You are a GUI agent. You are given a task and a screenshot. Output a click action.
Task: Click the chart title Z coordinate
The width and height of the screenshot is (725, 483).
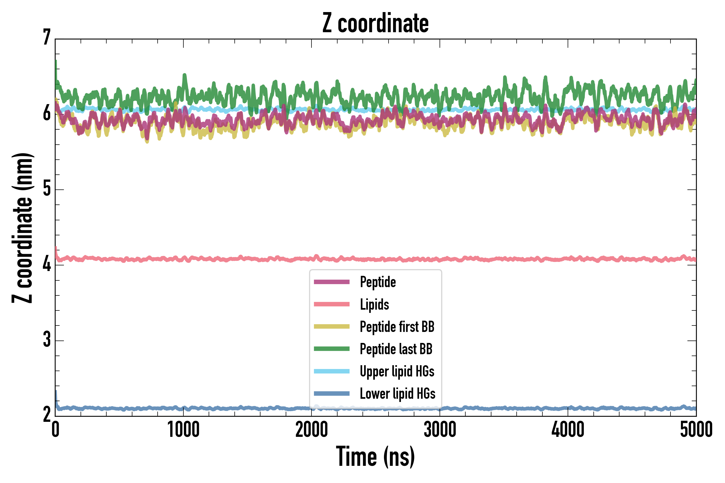[375, 23]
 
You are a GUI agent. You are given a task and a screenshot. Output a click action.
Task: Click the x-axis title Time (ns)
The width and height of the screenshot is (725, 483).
[375, 456]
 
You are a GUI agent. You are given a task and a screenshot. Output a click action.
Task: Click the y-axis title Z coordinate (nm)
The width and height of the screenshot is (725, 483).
[22, 228]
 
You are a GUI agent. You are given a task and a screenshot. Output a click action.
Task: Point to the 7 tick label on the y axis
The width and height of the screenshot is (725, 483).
[47, 38]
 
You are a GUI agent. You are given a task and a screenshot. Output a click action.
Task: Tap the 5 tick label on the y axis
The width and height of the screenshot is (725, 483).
[47, 189]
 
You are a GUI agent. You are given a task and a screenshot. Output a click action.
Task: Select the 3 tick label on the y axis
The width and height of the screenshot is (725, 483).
[47, 339]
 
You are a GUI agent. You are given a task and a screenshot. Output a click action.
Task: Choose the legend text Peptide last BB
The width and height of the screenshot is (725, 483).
[396, 349]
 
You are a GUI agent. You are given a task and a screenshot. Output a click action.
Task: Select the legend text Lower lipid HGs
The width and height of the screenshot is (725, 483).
[397, 394]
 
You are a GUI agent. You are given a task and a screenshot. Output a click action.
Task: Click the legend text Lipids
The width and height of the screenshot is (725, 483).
[374, 304]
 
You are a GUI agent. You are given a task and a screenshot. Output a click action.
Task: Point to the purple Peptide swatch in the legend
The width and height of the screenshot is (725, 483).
[331, 282]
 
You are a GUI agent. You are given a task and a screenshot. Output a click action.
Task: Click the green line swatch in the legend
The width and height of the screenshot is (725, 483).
[331, 349]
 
